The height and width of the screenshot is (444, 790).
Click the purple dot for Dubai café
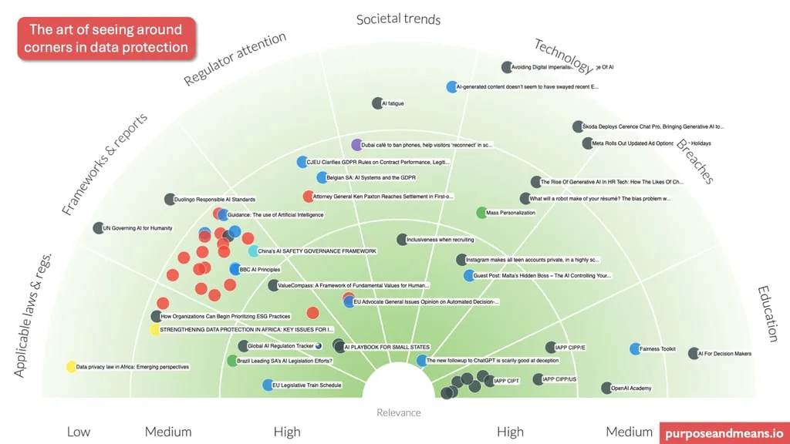point(356,145)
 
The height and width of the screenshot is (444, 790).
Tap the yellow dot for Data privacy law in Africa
point(71,367)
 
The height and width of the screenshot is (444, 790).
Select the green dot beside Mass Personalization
point(481,213)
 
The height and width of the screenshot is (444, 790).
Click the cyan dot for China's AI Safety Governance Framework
point(253,251)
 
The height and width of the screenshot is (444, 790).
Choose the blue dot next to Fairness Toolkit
point(635,349)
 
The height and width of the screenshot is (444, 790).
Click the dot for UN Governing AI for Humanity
point(98,228)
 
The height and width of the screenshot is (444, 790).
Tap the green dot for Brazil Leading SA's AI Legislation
point(232,361)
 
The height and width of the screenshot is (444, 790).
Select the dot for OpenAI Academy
point(606,388)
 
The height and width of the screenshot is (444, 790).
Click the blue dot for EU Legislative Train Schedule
point(267,385)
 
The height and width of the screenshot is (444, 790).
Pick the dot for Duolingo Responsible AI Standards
point(170,200)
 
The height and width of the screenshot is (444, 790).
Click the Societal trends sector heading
point(398,18)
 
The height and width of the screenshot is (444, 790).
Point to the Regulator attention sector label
point(235,59)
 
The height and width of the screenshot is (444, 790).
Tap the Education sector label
point(768,314)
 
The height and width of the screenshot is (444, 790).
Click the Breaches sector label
point(694,161)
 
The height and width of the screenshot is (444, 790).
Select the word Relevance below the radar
point(399,412)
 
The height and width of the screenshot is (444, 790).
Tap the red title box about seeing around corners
point(106,39)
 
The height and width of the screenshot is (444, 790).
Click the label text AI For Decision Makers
point(724,354)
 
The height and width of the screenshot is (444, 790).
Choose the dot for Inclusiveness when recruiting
point(402,240)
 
